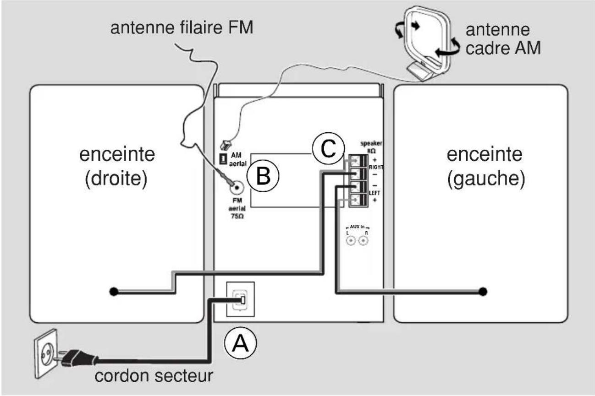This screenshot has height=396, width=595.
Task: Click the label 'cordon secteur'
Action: [x=154, y=376]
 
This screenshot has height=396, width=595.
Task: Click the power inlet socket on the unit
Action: [x=240, y=300]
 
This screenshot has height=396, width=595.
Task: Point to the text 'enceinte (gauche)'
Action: [x=485, y=167]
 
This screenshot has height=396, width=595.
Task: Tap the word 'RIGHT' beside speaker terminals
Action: [x=376, y=168]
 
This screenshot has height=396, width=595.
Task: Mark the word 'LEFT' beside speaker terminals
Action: [x=375, y=193]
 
